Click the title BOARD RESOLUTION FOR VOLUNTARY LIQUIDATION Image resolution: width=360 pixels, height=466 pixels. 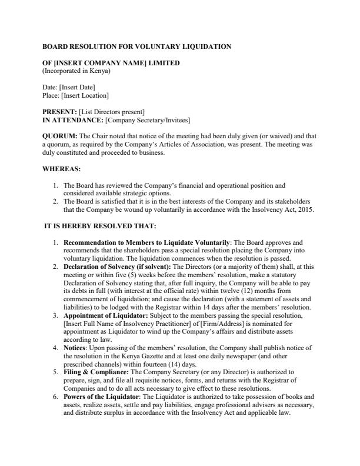click(x=136, y=46)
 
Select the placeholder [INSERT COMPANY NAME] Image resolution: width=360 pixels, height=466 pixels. click(x=95, y=63)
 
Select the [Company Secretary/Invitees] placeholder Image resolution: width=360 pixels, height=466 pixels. click(x=148, y=120)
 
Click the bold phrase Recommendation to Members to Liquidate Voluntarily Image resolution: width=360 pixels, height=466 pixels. click(x=146, y=242)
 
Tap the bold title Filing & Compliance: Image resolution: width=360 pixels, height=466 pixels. click(x=95, y=373)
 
